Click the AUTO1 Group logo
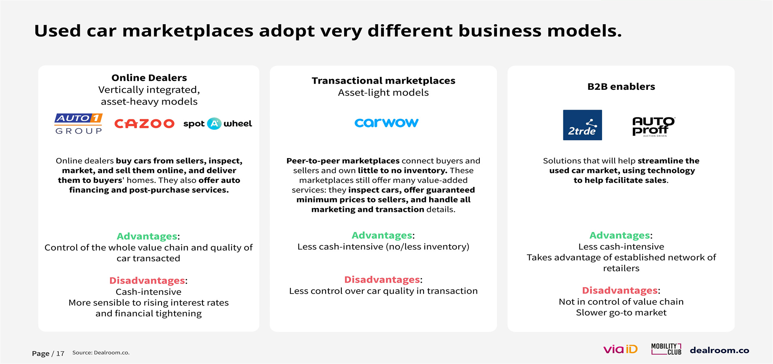(x=79, y=124)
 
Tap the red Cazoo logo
(x=144, y=124)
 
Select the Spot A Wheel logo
(x=217, y=124)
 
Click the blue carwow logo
(x=386, y=123)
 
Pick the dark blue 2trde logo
(x=582, y=125)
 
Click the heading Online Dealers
(x=149, y=78)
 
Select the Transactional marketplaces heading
(x=383, y=80)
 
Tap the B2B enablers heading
(x=621, y=87)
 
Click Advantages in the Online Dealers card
(x=147, y=237)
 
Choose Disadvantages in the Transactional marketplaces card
(x=382, y=280)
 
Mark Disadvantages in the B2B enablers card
(x=620, y=290)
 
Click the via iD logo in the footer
(x=620, y=349)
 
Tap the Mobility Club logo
(x=666, y=349)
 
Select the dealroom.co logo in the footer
(x=720, y=350)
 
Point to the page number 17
(x=60, y=354)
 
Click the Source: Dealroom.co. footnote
(x=101, y=353)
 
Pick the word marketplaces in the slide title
(x=188, y=31)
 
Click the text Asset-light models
(x=383, y=93)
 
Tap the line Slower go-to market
(x=621, y=313)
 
